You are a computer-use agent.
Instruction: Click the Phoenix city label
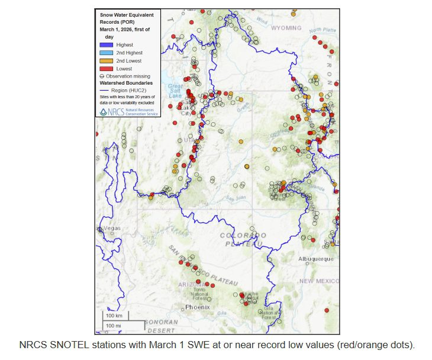[x=197, y=307]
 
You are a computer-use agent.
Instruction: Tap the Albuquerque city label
[x=316, y=259]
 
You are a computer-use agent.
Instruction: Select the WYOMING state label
[x=286, y=28]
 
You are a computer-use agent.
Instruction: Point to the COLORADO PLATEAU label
[x=241, y=239]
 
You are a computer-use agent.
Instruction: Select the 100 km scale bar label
[x=114, y=316]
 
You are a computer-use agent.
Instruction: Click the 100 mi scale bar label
[x=114, y=326]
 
